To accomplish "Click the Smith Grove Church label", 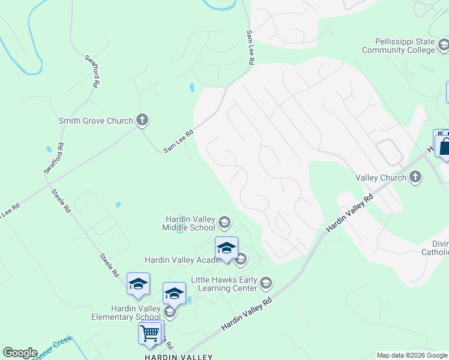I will point(95,121).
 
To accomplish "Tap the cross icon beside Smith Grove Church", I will point(142,120).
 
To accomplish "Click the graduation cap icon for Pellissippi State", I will point(443,44).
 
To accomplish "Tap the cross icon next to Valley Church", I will point(415,177).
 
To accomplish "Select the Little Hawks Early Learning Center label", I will point(224,284).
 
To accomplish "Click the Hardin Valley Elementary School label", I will point(126,313).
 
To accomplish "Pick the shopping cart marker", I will point(149,332).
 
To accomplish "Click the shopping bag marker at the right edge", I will point(445,146).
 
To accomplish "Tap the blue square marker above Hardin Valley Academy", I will point(226,248).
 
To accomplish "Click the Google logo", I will point(20,353).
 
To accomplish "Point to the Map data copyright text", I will point(412,355).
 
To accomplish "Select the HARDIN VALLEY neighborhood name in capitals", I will point(178,357).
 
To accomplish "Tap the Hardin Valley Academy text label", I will point(179,260).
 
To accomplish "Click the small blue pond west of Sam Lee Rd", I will point(191,88).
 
